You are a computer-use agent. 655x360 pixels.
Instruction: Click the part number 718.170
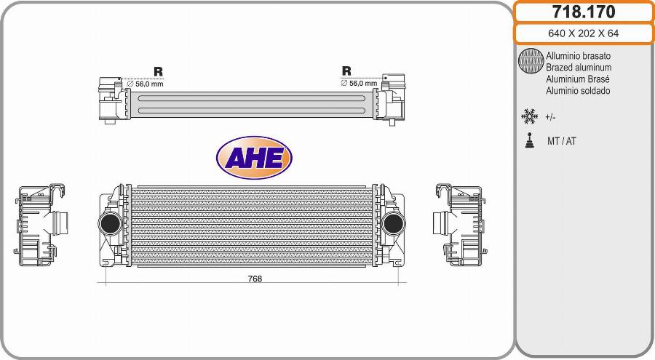click(584, 12)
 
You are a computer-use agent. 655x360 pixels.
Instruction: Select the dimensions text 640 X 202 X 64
click(584, 33)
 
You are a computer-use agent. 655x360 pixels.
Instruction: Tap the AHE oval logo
click(254, 157)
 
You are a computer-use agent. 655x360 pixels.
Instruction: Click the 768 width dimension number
click(254, 279)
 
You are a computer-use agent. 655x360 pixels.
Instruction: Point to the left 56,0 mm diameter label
click(146, 84)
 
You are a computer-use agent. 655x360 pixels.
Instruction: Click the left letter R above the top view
click(158, 71)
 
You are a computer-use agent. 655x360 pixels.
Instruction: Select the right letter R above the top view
click(346, 71)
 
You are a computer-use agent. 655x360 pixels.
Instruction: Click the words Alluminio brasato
click(578, 56)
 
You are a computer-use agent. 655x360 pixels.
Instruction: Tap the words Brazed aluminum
click(579, 68)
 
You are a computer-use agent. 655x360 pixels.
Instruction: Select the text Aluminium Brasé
click(577, 79)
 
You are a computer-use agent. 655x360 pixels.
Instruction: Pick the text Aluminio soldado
click(578, 91)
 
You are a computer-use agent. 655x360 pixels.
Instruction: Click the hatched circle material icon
click(531, 62)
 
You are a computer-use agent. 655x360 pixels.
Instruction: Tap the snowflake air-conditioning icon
click(529, 116)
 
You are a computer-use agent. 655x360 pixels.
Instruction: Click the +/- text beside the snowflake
click(550, 117)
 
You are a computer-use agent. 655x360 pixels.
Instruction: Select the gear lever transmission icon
click(529, 140)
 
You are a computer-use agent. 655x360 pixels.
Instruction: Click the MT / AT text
click(561, 141)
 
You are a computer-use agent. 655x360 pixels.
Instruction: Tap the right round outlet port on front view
click(393, 223)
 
